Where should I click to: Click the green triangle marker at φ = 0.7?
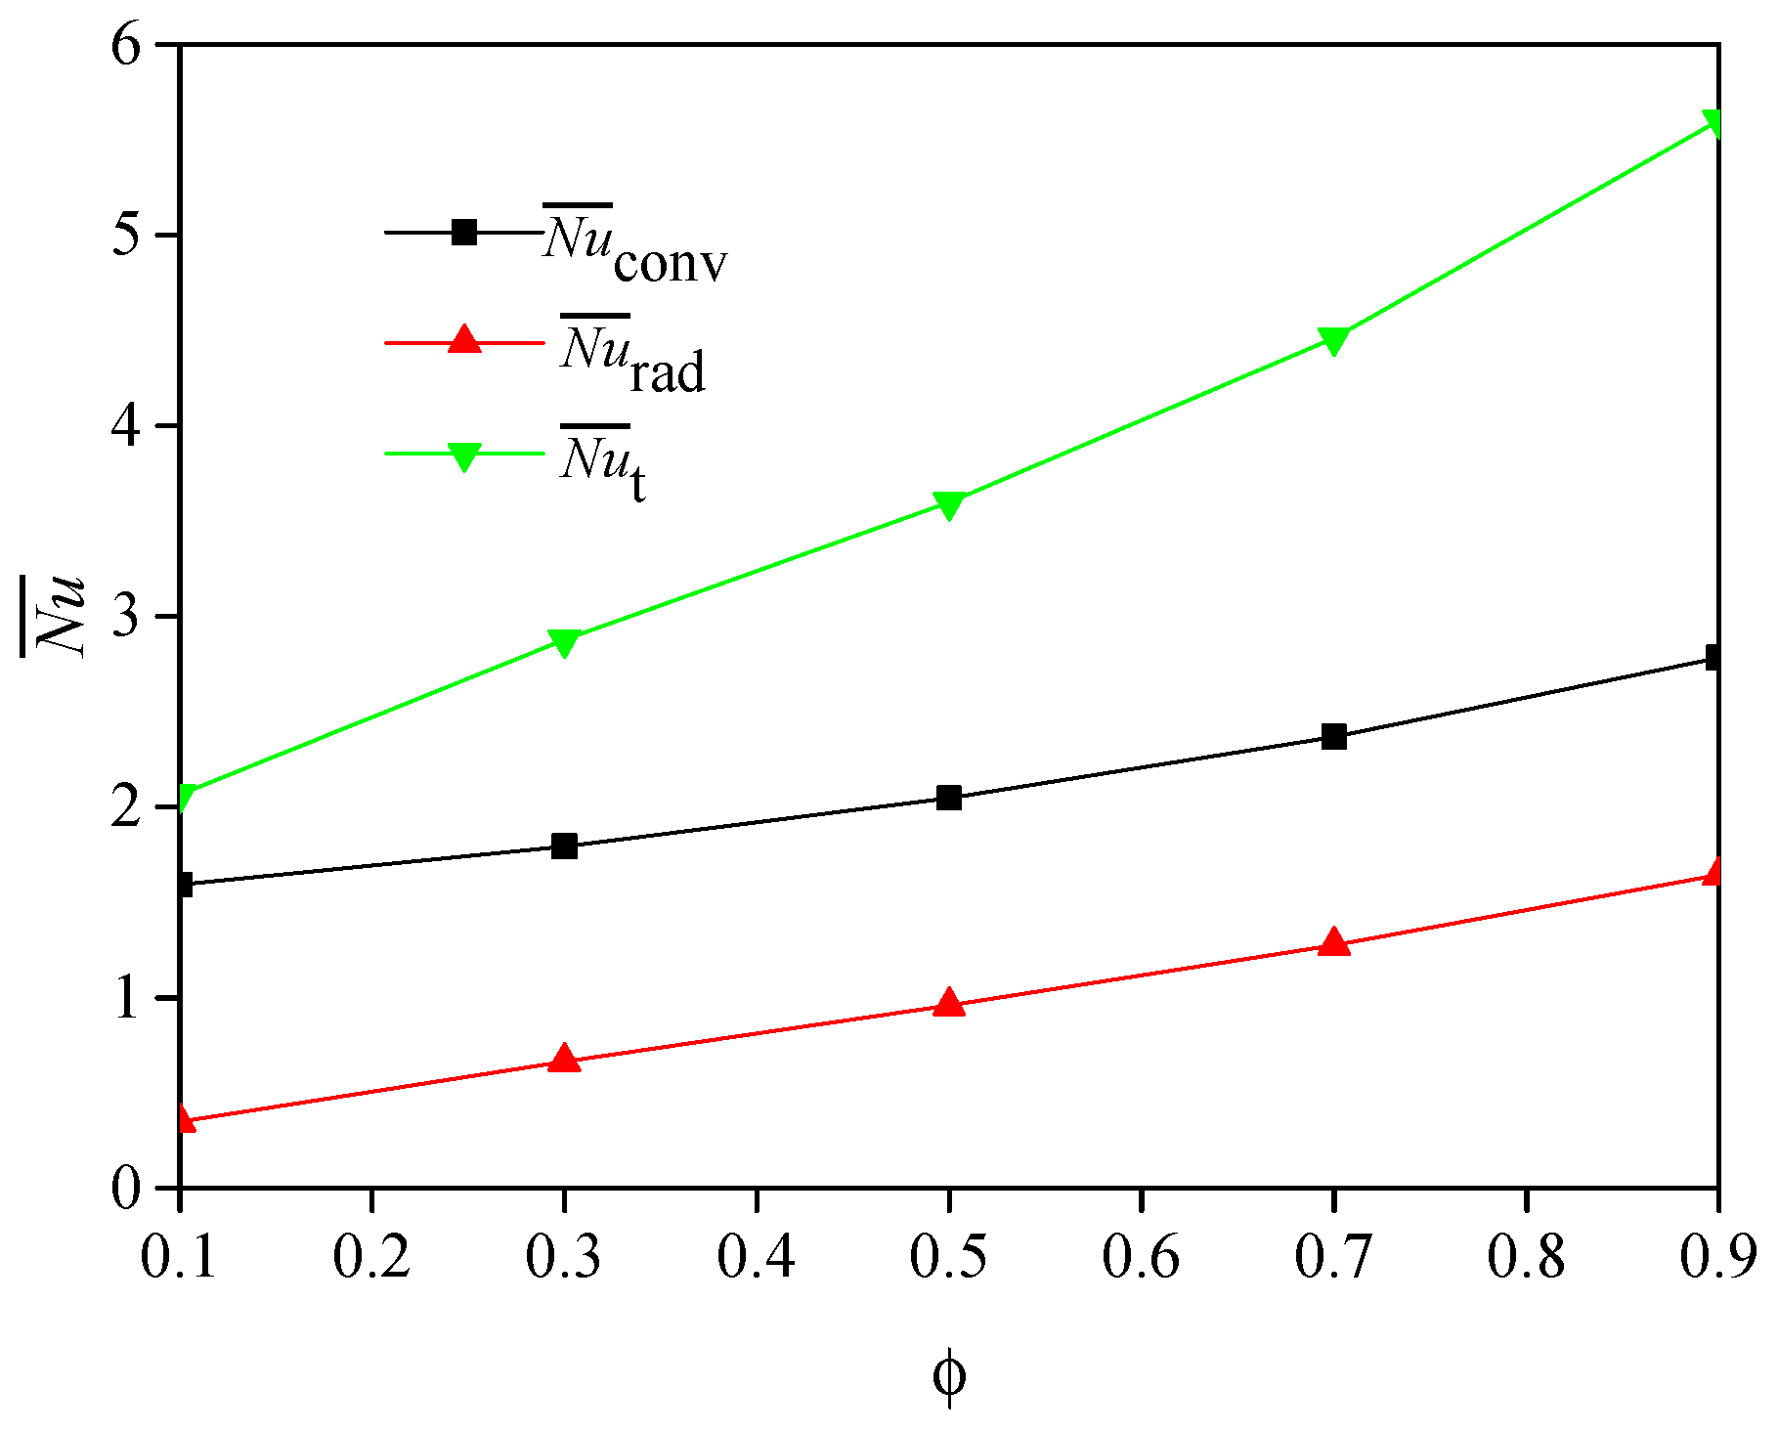pyautogui.click(x=1333, y=340)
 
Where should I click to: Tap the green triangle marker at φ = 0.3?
pyautogui.click(x=564, y=641)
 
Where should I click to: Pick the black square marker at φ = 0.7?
pyautogui.click(x=1333, y=737)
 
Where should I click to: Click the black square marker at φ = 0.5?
pyautogui.click(x=949, y=798)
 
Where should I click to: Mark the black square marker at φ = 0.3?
pyautogui.click(x=564, y=846)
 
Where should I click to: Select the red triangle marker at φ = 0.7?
pyautogui.click(x=1333, y=942)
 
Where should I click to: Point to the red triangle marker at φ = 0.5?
pyautogui.click(x=949, y=1003)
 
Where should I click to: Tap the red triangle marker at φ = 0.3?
pyautogui.click(x=564, y=1059)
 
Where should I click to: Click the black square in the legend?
pyautogui.click(x=464, y=233)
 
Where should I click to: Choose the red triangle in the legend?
pyautogui.click(x=464, y=341)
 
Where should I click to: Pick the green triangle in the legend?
pyautogui.click(x=464, y=456)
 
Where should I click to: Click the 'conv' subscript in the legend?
pyautogui.click(x=671, y=264)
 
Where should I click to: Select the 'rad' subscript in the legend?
pyautogui.click(x=667, y=373)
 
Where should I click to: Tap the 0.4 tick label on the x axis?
pyautogui.click(x=757, y=1258)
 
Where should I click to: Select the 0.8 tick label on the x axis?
pyautogui.click(x=1526, y=1258)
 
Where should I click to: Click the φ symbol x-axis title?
pyautogui.click(x=949, y=1376)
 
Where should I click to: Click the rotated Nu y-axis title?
pyautogui.click(x=56, y=616)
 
